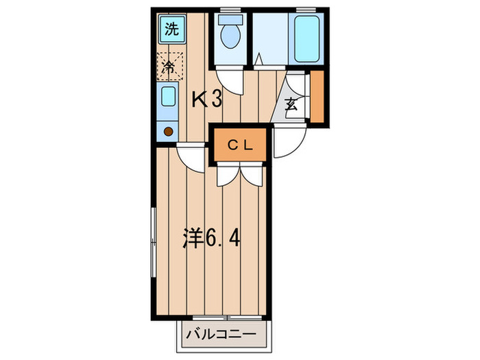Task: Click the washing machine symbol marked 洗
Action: [172, 29]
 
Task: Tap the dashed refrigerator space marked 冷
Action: [169, 67]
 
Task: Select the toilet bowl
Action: [230, 36]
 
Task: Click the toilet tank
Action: [231, 20]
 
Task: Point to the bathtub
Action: [307, 38]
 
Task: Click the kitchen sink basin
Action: [169, 96]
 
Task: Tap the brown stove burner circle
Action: [169, 132]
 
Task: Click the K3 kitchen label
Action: [206, 100]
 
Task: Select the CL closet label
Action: [241, 145]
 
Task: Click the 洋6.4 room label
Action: [211, 238]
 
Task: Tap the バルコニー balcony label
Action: [221, 334]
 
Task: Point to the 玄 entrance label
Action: [291, 104]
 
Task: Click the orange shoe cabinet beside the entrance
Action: [317, 97]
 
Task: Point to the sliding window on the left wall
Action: [154, 243]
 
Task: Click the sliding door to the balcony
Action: [227, 317]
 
